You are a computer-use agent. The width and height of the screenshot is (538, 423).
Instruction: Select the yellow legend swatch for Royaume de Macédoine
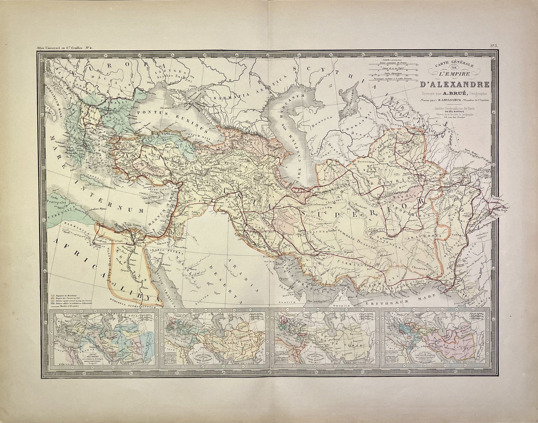pos(52,295)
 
